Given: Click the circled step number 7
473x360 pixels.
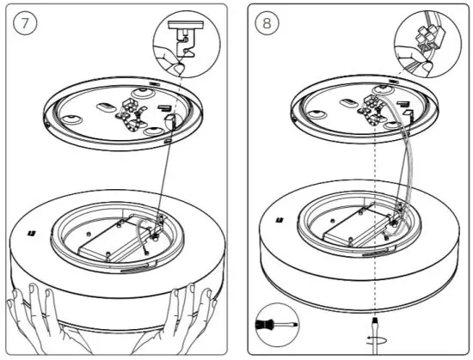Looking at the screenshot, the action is pos(25,23).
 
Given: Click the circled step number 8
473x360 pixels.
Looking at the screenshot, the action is pos(267,23).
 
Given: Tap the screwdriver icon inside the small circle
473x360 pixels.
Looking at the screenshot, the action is pos(276,326).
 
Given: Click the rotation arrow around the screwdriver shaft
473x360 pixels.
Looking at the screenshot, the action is pos(376,340).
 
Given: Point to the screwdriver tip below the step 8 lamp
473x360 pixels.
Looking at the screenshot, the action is pos(375,320).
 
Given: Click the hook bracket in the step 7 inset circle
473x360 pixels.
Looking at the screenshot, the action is pos(185,39).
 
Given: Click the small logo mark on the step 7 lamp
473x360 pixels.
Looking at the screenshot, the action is pos(31,233).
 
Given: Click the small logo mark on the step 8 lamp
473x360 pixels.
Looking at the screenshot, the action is pos(279,221).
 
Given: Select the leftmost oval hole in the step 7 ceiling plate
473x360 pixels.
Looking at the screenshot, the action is pos(71,119).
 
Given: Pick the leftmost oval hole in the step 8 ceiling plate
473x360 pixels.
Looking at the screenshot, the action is pos(316,114).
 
